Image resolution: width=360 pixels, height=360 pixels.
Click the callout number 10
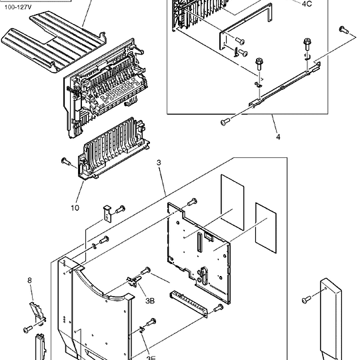click(75, 208)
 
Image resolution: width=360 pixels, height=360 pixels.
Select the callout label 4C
click(307, 4)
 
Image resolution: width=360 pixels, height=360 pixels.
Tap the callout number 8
click(29, 280)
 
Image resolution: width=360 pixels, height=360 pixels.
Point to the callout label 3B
click(150, 301)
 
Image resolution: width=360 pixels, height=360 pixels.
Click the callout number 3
click(159, 163)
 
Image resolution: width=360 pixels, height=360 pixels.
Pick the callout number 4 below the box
click(278, 137)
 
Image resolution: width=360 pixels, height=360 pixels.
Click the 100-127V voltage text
click(18, 7)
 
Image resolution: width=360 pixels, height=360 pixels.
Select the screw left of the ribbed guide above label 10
click(66, 161)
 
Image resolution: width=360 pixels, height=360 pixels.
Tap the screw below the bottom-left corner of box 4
click(225, 122)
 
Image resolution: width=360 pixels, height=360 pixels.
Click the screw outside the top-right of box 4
click(344, 30)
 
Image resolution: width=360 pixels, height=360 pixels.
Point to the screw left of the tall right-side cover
click(306, 299)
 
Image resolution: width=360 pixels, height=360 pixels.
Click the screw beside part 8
click(28, 329)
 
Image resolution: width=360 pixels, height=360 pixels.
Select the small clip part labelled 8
click(37, 313)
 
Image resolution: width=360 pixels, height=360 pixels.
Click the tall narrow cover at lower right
click(331, 319)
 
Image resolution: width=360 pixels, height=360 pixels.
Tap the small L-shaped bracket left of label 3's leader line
click(107, 214)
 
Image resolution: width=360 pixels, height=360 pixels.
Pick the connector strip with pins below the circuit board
click(189, 304)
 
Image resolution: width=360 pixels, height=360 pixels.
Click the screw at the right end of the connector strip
click(219, 308)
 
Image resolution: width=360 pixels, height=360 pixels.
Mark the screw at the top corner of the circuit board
click(192, 202)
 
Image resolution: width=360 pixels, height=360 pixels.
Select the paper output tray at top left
click(53, 43)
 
